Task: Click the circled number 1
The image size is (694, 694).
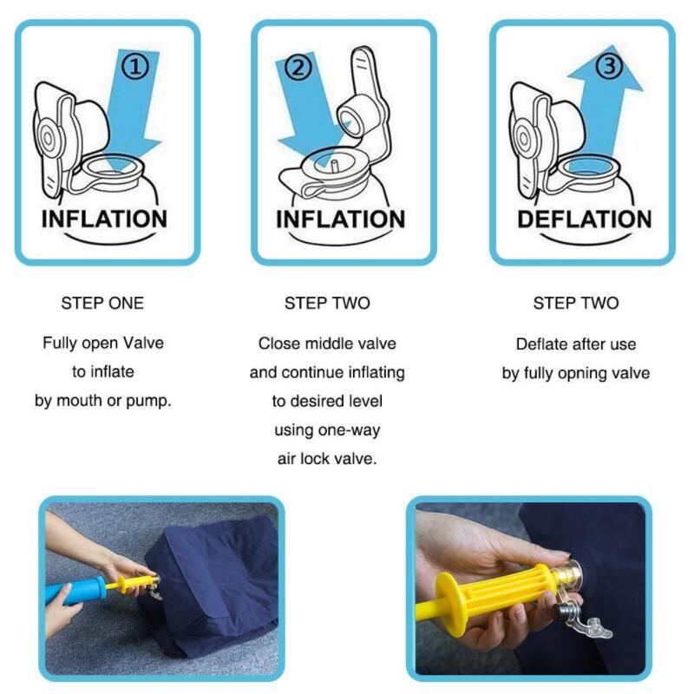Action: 134,66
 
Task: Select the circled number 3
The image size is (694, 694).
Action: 610,66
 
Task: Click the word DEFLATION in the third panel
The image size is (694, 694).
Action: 584,219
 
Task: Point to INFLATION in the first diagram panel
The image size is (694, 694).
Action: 104,219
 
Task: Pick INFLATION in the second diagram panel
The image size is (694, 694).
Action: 340,219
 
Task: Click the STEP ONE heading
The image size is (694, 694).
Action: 102,303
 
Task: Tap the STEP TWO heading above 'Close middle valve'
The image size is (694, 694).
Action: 327,303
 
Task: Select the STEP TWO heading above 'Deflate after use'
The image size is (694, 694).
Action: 576,303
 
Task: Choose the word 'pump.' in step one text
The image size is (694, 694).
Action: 150,402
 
